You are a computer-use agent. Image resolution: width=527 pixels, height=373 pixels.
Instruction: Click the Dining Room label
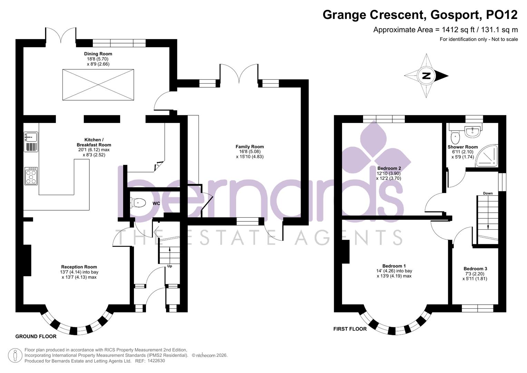[98, 54]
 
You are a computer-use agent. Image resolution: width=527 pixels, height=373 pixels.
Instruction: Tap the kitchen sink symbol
[31, 142]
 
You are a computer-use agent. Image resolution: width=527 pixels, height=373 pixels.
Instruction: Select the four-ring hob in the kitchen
[31, 176]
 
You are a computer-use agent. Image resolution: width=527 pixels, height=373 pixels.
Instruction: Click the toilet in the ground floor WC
[138, 203]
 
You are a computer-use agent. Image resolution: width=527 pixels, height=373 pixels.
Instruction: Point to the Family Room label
[250, 147]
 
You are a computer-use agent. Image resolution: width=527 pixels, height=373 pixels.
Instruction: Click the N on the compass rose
[427, 76]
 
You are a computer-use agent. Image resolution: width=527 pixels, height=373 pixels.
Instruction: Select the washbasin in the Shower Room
[471, 131]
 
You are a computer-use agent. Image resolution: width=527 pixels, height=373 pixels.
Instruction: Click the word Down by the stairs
[488, 193]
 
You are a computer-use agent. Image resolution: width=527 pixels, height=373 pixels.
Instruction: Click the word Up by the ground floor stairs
[169, 266]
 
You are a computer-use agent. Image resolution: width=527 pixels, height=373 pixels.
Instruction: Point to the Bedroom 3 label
[475, 269]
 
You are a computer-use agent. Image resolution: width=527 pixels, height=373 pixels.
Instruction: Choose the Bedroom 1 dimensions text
[394, 274]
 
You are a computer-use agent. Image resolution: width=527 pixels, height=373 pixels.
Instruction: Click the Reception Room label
[79, 267]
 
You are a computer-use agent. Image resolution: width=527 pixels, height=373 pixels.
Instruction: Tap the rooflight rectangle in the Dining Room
[98, 85]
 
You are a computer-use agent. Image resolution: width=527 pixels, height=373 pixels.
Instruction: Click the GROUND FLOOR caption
[36, 336]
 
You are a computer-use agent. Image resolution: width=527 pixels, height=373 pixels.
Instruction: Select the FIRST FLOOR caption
[350, 329]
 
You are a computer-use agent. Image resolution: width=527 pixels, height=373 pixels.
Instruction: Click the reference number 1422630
[156, 361]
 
